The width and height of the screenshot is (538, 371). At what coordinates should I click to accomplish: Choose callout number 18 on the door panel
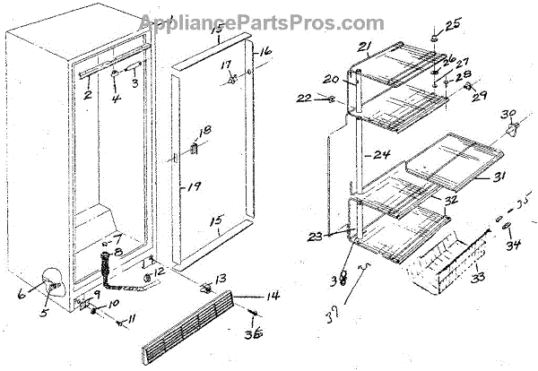205,132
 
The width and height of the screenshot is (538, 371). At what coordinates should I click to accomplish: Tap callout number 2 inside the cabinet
88,93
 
